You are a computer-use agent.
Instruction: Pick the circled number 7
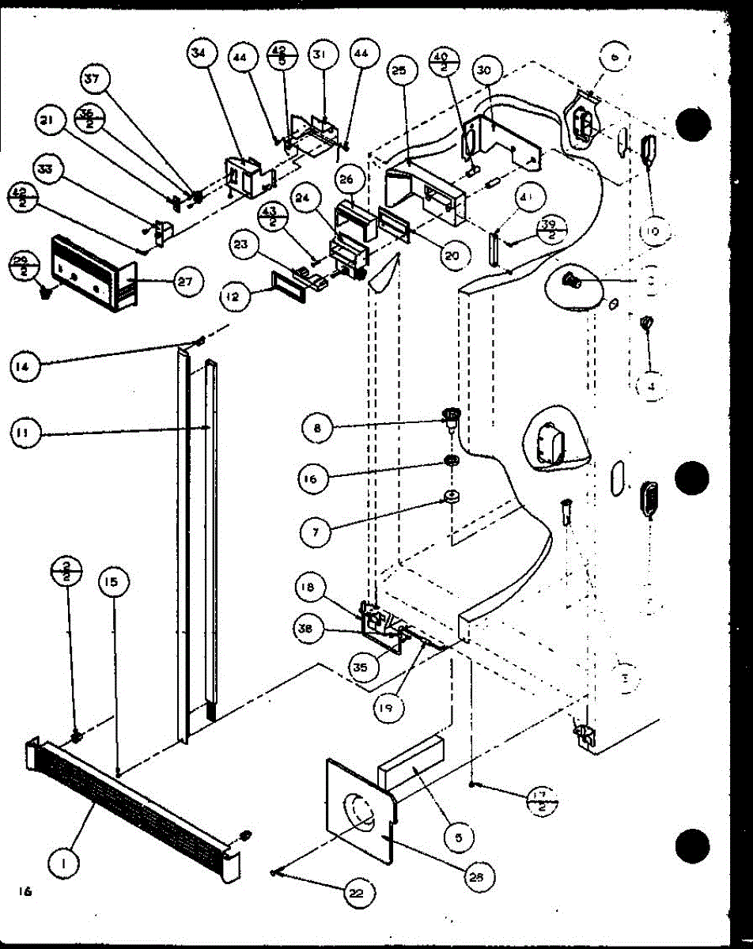coord(316,531)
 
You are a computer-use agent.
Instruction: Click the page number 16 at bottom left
coord(25,891)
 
